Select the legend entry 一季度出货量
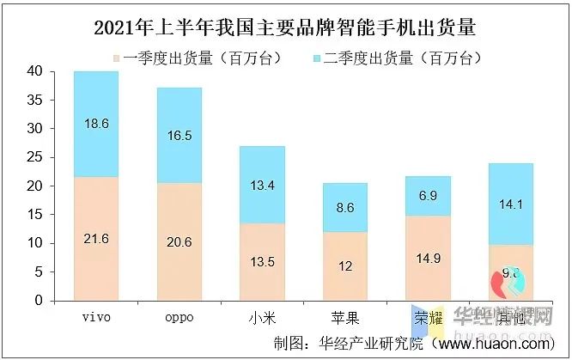[x=175, y=58]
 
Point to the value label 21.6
[x=96, y=238]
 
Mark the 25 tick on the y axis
[x=35, y=157]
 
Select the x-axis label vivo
[x=96, y=317]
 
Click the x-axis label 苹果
[x=345, y=317]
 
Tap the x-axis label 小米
[x=262, y=317]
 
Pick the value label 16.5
[x=180, y=136]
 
